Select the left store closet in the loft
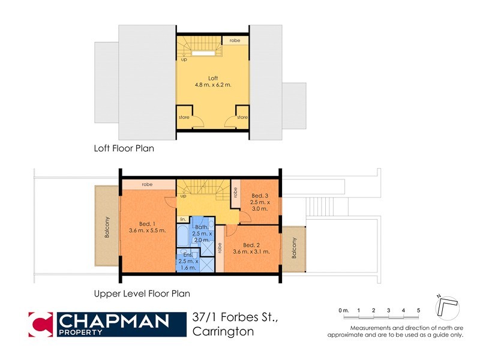point(184,117)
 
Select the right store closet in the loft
point(242,117)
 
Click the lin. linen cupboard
point(182,219)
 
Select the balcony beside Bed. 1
point(107,226)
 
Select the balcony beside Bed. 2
point(293,248)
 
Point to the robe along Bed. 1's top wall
point(147,185)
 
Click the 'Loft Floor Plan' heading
point(124,148)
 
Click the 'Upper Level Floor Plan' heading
point(142,294)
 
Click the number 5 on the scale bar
point(418,310)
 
